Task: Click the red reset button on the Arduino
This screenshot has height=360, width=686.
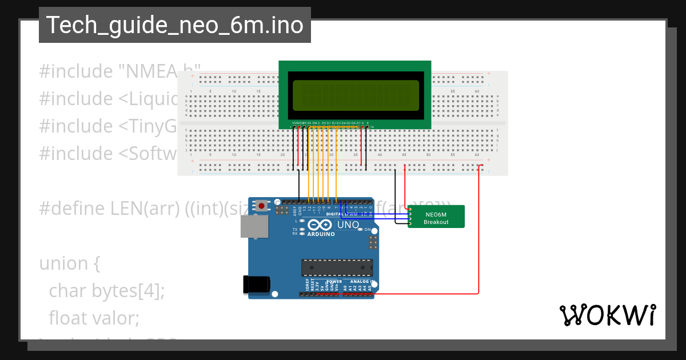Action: (262, 205)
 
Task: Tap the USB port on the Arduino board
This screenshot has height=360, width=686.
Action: (254, 226)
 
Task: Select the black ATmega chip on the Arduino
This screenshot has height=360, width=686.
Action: (337, 268)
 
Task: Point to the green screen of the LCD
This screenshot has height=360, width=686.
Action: (355, 95)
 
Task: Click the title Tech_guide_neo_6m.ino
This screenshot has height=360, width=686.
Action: (174, 25)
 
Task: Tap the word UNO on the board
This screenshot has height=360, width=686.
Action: (348, 225)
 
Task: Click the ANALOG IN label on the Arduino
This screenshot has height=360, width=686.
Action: (361, 282)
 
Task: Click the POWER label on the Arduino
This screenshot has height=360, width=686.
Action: (334, 282)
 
